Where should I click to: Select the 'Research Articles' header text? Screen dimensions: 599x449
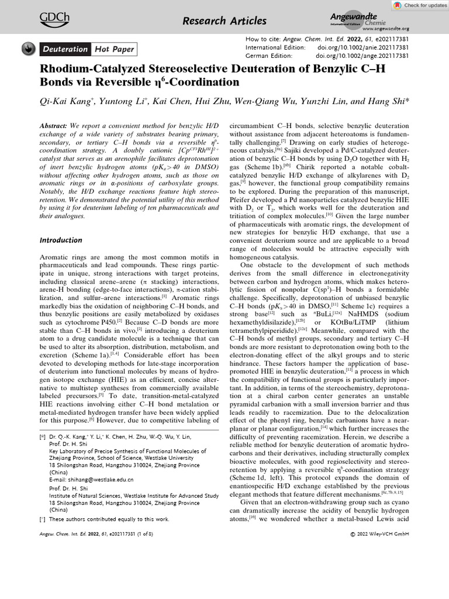[x=224, y=21]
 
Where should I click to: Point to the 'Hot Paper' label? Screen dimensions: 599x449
[x=115, y=49]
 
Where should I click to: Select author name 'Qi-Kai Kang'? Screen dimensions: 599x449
[x=64, y=101]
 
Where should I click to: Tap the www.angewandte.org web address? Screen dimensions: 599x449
[x=385, y=28]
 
